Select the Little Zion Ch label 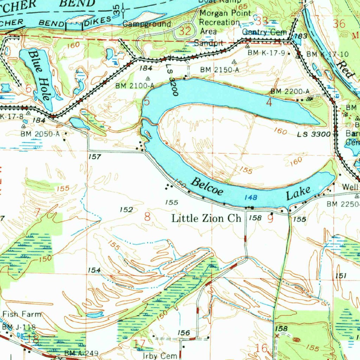click(206, 218)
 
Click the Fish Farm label click(22, 314)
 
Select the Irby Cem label click(160, 355)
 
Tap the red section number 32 click(185, 31)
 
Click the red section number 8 click(147, 217)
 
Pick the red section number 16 click(262, 348)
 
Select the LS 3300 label click(314, 134)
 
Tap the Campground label click(147, 24)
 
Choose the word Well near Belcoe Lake click(351, 187)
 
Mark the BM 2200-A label click(290, 91)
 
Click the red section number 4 click(269, 103)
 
